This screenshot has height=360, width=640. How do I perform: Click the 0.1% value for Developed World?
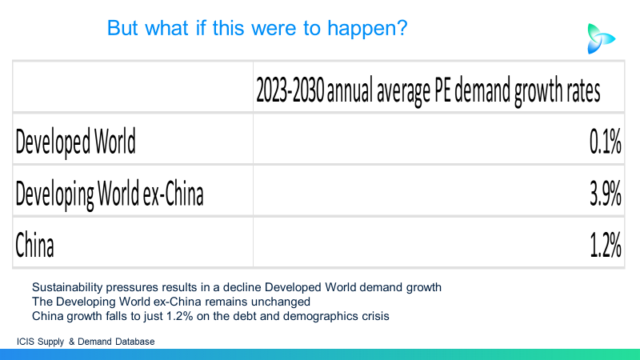click(x=606, y=142)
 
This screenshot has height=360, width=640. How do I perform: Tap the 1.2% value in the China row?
click(x=606, y=245)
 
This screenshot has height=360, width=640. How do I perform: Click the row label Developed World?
click(x=75, y=142)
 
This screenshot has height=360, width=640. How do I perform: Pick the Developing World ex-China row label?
click(x=110, y=194)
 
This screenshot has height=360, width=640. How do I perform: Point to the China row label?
click(x=34, y=245)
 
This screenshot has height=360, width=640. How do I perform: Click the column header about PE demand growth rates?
click(x=428, y=90)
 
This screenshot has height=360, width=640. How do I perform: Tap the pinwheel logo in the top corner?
click(x=601, y=38)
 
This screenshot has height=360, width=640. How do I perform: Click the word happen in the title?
click(x=367, y=29)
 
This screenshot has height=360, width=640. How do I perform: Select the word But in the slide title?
click(x=122, y=28)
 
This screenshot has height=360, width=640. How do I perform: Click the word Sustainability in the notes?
click(x=67, y=287)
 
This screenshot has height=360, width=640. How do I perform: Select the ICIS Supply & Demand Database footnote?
click(x=86, y=342)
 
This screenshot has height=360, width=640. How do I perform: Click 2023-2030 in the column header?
click(x=290, y=90)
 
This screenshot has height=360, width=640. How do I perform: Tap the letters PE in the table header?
click(x=442, y=90)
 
